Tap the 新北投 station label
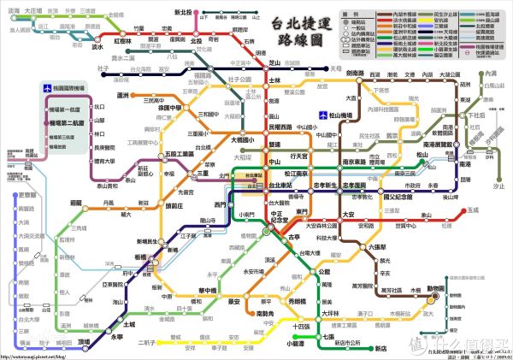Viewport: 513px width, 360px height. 183,13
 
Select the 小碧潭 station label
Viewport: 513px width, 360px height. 295,343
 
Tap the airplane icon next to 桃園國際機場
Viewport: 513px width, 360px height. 49,90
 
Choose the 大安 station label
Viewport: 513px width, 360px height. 348,214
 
